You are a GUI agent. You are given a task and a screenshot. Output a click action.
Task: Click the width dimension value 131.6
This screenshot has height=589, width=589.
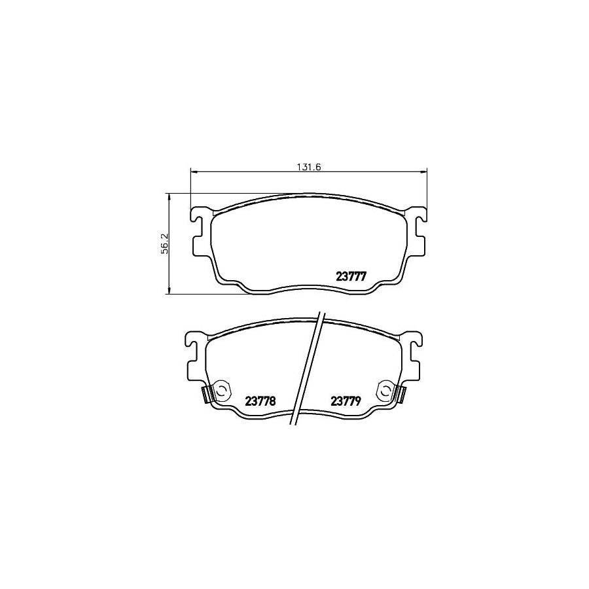pos(308,166)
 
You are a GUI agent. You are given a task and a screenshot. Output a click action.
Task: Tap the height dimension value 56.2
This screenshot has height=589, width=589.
pos(165,243)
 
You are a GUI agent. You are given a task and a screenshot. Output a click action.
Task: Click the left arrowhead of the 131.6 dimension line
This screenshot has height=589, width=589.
pos(193,171)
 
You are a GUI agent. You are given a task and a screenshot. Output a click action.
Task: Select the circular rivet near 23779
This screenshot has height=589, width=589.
pos(385,391)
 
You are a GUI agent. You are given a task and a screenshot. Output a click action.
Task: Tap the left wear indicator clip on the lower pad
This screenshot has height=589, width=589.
pos(206,395)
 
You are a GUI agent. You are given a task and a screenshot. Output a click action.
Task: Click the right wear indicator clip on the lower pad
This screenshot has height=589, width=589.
pos(400,395)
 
